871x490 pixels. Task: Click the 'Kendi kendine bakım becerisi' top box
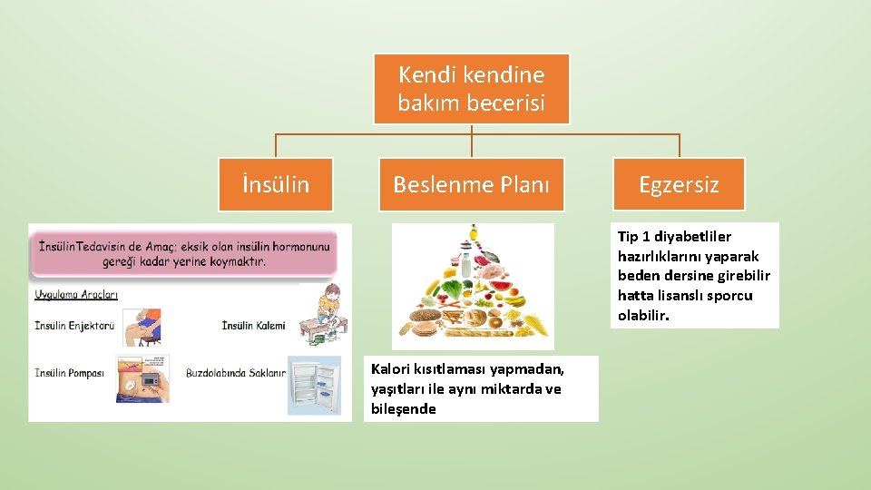point(471,89)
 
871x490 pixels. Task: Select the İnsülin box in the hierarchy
point(275,185)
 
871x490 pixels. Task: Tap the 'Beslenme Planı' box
point(471,185)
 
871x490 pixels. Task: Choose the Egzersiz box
point(678,185)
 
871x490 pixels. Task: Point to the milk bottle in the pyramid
point(465,264)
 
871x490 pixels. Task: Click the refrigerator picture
point(314,385)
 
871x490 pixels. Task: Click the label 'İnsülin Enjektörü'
point(74,325)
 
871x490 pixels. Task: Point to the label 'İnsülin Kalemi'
point(253,325)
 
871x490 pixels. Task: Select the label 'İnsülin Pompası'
point(70,373)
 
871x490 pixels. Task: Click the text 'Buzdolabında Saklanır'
point(236,373)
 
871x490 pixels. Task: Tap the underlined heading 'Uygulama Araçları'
point(76,295)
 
